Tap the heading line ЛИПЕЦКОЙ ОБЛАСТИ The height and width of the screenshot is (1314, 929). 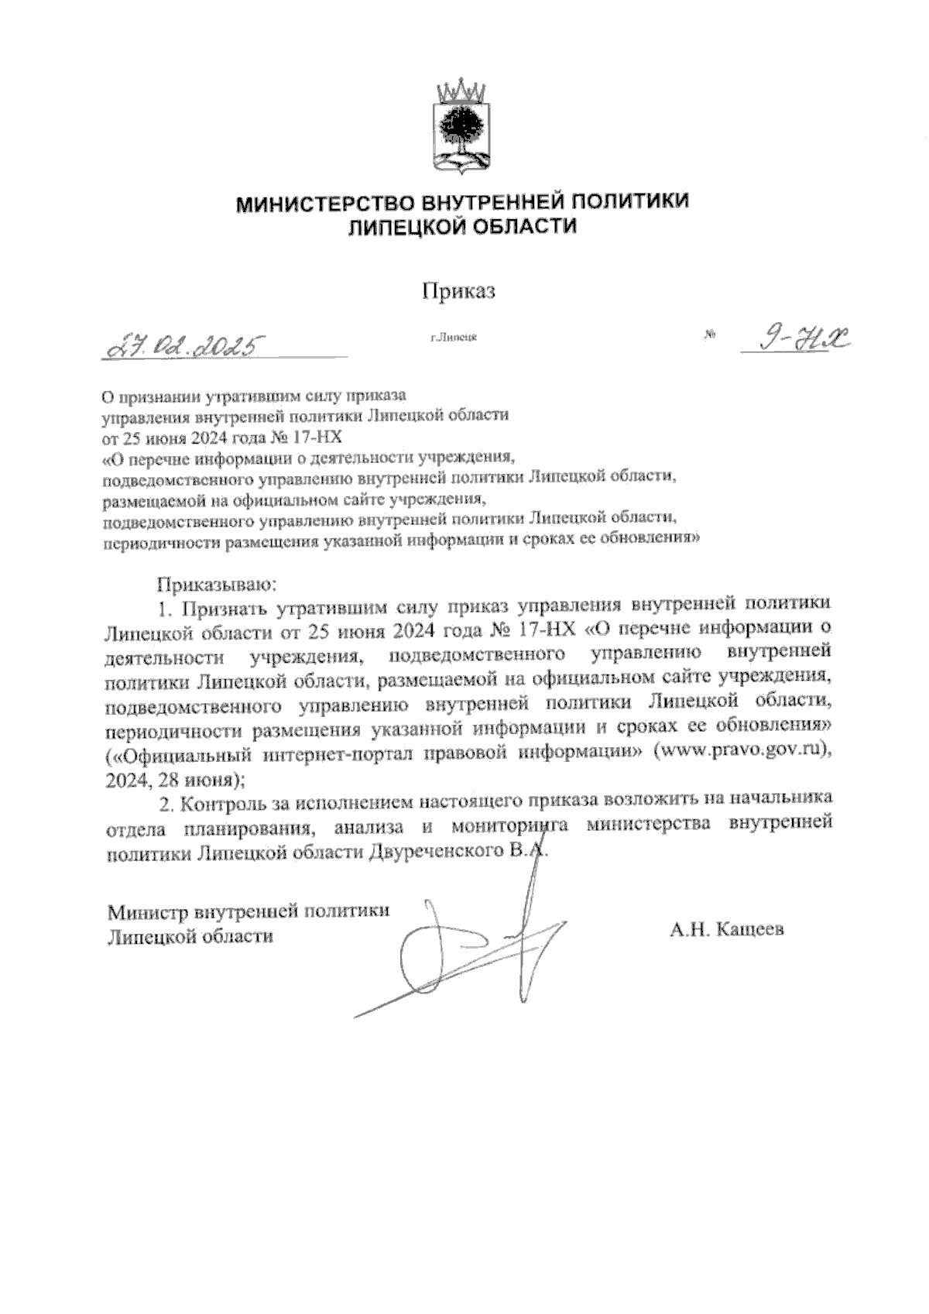(463, 227)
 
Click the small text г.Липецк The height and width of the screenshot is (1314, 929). (454, 337)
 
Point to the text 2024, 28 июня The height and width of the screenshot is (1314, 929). (173, 777)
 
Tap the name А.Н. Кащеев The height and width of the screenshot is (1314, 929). (727, 928)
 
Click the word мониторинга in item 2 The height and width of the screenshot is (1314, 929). (512, 826)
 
